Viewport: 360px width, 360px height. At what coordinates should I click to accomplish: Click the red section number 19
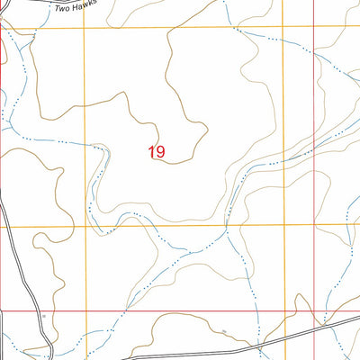(157, 152)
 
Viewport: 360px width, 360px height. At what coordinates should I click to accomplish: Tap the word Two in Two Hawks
(64, 7)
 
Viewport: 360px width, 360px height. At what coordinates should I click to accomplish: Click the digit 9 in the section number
(161, 152)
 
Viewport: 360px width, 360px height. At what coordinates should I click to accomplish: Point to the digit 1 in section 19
(152, 152)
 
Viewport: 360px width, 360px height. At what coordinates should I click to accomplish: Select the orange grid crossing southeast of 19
(284, 225)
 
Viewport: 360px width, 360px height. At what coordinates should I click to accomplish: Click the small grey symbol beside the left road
(42, 318)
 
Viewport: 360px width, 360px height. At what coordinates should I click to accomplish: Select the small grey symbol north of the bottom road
(223, 332)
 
